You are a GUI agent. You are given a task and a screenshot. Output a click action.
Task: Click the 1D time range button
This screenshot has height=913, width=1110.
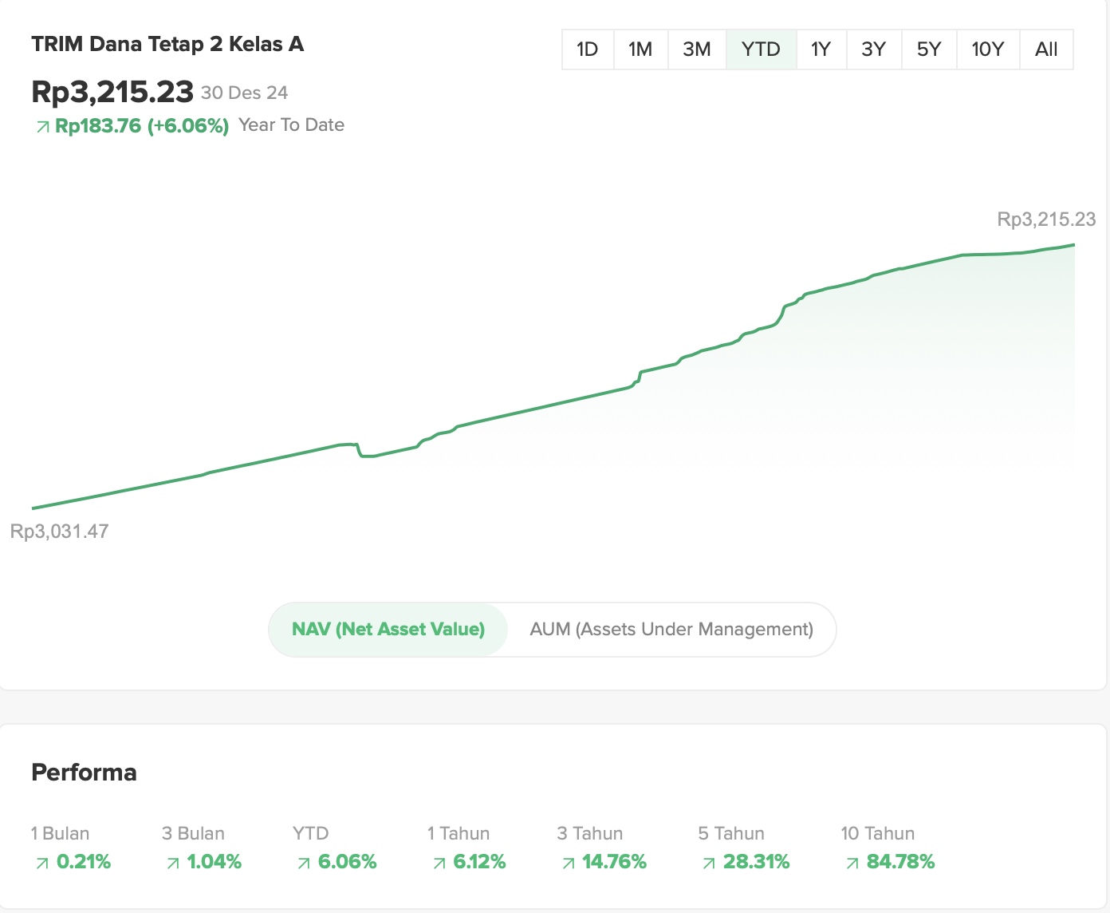pos(588,49)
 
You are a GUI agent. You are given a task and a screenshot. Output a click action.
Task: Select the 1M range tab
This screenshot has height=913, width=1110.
pos(640,49)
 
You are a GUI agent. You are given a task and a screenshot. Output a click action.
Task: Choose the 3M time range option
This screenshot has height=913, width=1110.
pos(697,49)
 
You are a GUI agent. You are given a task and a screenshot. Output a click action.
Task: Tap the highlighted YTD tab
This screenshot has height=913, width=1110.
pos(761,49)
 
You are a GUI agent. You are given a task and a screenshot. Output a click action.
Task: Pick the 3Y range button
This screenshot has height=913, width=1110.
pos(874,49)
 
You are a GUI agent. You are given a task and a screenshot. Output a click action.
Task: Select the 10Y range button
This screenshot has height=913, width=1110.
pos(987,49)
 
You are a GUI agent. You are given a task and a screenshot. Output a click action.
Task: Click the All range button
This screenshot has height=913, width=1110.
pos(1046,49)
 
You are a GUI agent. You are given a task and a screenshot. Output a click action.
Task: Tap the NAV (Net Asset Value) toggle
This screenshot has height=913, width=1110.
pos(388,630)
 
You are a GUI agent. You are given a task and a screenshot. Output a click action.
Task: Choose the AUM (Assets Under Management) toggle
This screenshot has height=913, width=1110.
pos(671,630)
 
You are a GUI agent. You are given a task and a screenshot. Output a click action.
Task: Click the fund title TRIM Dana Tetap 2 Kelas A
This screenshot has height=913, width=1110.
pos(167,44)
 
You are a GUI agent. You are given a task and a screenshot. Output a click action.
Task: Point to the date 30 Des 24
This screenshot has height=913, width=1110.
pos(244,93)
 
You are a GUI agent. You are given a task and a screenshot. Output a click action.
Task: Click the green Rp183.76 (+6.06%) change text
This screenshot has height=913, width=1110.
pos(142,126)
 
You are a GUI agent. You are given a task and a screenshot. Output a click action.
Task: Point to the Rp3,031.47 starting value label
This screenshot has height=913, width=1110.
pos(60,532)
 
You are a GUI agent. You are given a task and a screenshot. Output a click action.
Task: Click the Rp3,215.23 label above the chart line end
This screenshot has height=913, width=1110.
pos(1046,219)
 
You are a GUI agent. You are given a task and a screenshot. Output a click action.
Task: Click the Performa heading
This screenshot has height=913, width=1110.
pos(84,773)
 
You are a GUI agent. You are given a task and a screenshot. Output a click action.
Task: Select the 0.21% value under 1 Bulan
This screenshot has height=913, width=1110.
pos(83,862)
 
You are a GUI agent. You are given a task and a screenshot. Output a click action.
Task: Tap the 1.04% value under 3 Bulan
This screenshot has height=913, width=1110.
pos(214,862)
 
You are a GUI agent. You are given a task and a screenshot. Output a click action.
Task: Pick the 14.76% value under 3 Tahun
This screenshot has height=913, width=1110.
pos(614,862)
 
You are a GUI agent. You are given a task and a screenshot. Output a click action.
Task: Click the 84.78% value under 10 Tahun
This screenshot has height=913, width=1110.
pos(900,862)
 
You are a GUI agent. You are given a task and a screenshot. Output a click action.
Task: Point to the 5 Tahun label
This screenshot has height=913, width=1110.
pos(731,834)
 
